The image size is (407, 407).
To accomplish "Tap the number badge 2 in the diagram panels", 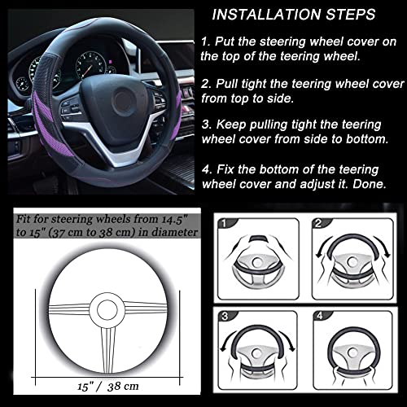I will point(321,221).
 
